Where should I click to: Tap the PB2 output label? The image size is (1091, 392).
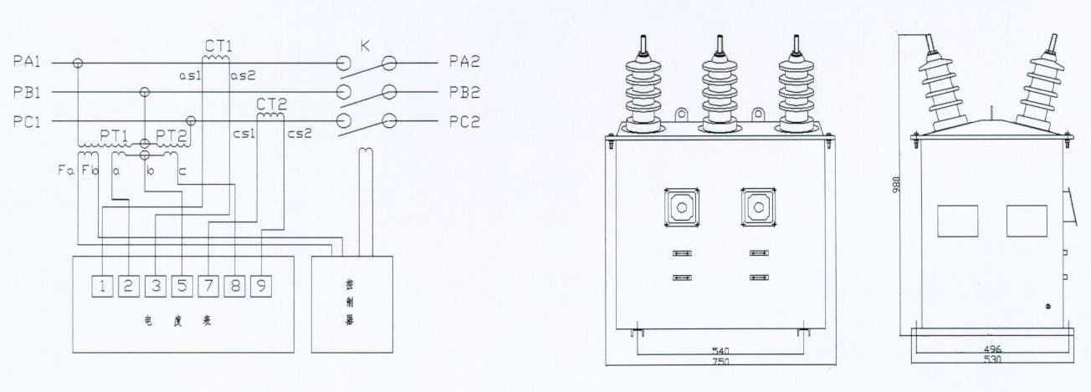pyautogui.click(x=464, y=91)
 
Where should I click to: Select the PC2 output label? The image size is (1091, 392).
pyautogui.click(x=464, y=120)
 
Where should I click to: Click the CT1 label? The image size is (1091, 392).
pyautogui.click(x=218, y=46)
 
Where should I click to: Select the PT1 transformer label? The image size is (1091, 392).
pyautogui.click(x=114, y=135)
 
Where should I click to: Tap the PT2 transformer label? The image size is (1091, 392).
pyautogui.click(x=171, y=135)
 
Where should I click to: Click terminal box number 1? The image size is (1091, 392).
pyautogui.click(x=102, y=287)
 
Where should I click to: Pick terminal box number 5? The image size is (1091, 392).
pyautogui.click(x=182, y=287)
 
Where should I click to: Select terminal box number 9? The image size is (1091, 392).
pyautogui.click(x=262, y=287)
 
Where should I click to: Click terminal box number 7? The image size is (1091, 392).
pyautogui.click(x=208, y=287)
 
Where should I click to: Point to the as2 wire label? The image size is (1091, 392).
pyautogui.click(x=243, y=75)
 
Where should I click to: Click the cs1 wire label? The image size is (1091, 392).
pyautogui.click(x=244, y=133)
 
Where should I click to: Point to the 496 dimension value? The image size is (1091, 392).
pyautogui.click(x=992, y=349)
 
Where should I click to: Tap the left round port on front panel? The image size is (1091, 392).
pyautogui.click(x=682, y=206)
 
